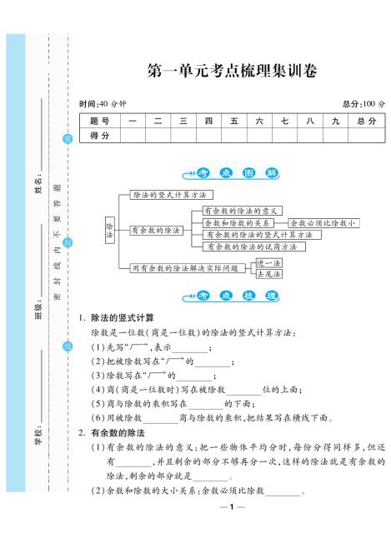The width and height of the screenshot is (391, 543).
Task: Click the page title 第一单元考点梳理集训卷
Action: click(x=231, y=72)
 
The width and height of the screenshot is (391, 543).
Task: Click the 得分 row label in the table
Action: click(x=99, y=136)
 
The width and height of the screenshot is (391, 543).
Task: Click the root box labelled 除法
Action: click(x=108, y=231)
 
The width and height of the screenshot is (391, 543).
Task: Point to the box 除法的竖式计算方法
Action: click(x=169, y=194)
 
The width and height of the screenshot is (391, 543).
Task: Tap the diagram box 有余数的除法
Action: click(x=157, y=230)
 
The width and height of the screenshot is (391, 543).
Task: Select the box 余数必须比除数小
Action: click(x=323, y=223)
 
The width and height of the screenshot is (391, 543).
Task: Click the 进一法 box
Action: click(x=268, y=262)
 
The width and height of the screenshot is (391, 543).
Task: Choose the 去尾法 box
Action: click(x=268, y=273)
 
